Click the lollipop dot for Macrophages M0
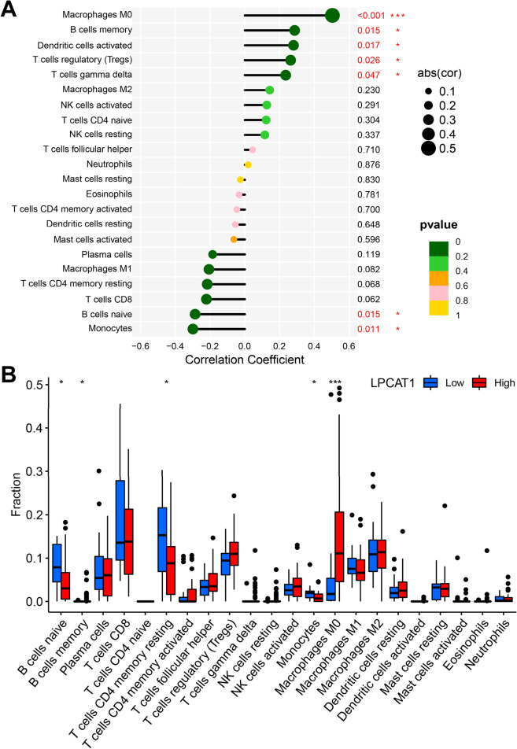(x=332, y=15)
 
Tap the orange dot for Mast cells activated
(x=234, y=239)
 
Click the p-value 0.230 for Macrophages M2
(x=367, y=90)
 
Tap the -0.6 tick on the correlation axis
(x=139, y=345)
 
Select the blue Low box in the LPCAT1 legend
(x=432, y=383)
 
